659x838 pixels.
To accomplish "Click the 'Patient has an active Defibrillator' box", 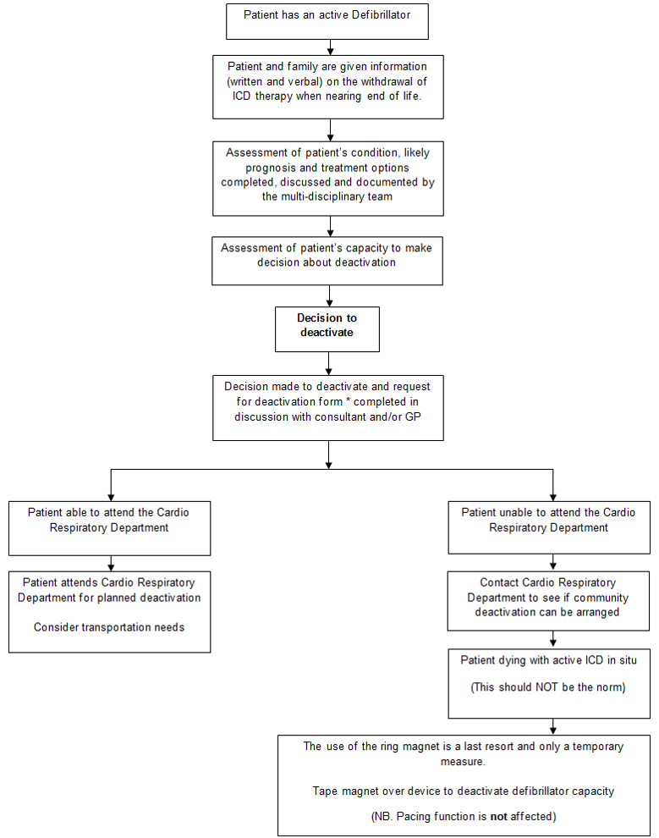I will tap(327, 21).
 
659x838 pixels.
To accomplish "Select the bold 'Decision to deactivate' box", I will tap(327, 328).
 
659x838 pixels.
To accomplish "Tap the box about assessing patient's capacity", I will tap(327, 260).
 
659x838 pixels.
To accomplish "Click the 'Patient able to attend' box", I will tap(110, 528).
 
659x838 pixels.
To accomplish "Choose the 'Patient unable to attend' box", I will tap(548, 528).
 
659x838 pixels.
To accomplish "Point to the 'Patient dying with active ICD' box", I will tap(548, 682).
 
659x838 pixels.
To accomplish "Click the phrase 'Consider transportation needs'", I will tap(109, 627).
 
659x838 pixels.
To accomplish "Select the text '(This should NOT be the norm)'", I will tap(548, 687).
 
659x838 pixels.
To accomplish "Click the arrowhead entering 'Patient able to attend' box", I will tap(111, 497).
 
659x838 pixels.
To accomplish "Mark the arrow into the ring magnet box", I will tap(552, 728).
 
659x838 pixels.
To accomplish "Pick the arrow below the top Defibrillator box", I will tap(327, 47).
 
